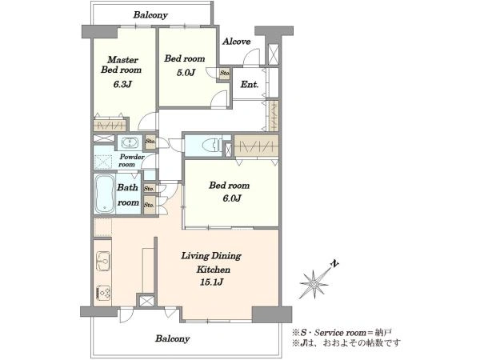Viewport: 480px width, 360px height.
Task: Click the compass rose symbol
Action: pos(314,284)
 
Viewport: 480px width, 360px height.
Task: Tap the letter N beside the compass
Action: pos(335,263)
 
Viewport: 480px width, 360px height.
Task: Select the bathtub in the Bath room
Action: pos(105,194)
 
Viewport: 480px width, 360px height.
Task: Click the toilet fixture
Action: pos(212,145)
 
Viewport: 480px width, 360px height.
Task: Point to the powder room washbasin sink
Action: pos(130,142)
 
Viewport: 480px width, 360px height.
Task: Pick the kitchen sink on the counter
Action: pos(103,261)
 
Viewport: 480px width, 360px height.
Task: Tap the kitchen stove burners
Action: pos(103,293)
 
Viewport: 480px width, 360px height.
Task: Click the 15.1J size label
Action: pos(211,282)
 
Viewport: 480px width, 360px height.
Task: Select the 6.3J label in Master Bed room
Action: pos(122,84)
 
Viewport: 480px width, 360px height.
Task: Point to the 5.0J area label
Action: pos(186,73)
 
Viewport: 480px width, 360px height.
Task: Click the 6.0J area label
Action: pos(232,198)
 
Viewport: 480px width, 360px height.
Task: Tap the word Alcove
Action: pos(236,42)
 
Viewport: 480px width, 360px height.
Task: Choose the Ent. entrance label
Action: pos(249,84)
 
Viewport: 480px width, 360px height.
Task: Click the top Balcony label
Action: pos(150,15)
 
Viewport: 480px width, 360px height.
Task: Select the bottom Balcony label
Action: pos(172,338)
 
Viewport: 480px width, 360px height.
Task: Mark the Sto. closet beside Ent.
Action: pos(225,74)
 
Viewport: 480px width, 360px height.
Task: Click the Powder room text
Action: pos(132,161)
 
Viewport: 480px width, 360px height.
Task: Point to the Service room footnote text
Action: pos(341,333)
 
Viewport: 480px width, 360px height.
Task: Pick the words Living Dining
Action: pos(211,256)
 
